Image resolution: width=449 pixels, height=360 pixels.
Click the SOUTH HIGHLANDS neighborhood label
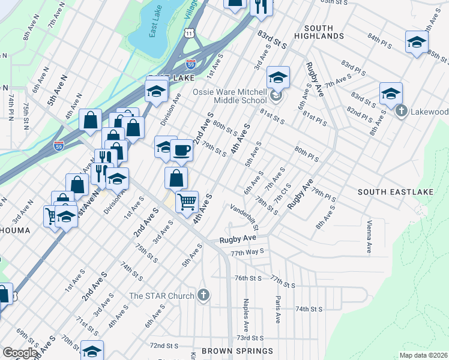(x=324, y=32)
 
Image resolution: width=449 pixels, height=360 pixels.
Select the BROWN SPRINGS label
(x=237, y=350)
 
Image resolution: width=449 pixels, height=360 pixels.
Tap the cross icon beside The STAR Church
(x=204, y=295)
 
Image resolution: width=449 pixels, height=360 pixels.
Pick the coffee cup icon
(x=181, y=150)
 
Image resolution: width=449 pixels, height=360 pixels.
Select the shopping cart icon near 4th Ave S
(x=187, y=202)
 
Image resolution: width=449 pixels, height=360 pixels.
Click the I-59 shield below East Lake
(x=190, y=63)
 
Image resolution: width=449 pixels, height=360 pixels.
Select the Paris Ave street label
(x=277, y=310)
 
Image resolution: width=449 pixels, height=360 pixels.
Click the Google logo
(x=20, y=353)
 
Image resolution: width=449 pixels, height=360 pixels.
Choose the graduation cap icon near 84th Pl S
(x=416, y=42)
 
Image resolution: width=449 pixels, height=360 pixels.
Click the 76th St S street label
(x=249, y=278)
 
